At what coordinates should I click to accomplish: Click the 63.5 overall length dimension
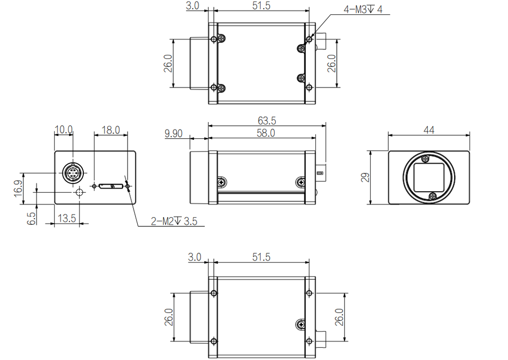click(267, 121)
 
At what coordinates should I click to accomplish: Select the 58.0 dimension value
click(266, 133)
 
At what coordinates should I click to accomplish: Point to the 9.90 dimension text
click(173, 133)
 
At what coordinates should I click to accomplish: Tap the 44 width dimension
click(429, 130)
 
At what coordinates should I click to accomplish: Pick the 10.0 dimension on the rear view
click(63, 130)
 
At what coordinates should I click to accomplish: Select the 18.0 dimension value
click(110, 130)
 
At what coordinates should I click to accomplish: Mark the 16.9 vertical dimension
click(18, 188)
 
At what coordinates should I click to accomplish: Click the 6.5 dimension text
click(31, 218)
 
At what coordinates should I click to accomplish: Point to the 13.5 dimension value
click(67, 218)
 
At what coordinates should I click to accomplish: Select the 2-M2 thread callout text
click(173, 221)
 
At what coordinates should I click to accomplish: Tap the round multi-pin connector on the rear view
click(72, 173)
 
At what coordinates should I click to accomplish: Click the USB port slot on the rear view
click(110, 186)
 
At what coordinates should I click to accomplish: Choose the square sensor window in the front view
click(429, 177)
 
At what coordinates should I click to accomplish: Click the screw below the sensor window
click(432, 197)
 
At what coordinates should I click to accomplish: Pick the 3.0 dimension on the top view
click(193, 6)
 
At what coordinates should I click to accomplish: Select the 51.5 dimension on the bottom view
click(261, 257)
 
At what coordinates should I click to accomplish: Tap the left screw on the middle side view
click(221, 182)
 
